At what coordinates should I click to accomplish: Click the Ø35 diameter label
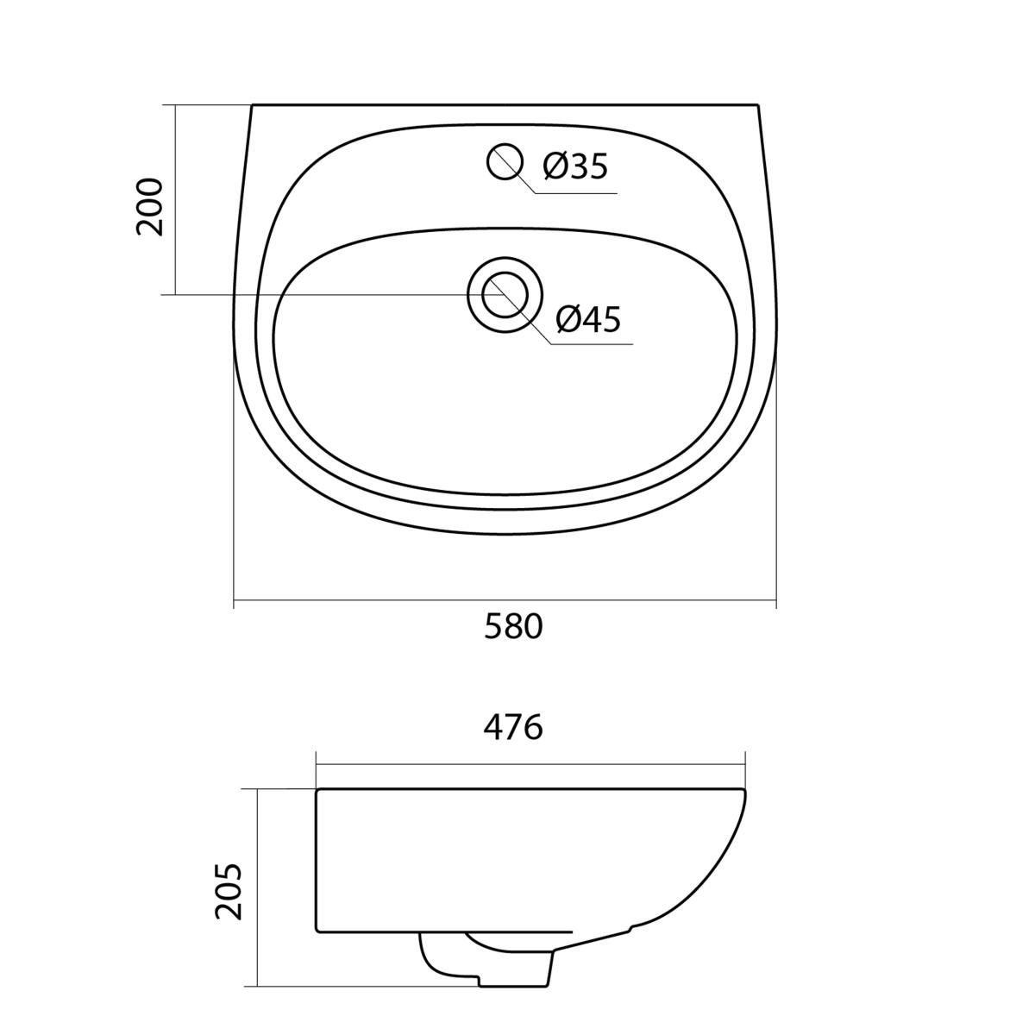(x=575, y=166)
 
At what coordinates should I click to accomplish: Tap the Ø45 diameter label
(x=589, y=320)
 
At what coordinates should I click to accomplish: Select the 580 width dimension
(x=513, y=626)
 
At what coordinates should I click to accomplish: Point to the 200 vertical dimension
(x=149, y=207)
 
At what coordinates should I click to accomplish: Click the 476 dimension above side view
(x=513, y=728)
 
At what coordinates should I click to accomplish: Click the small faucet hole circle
(x=505, y=161)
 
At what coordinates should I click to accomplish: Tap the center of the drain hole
(x=505, y=296)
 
